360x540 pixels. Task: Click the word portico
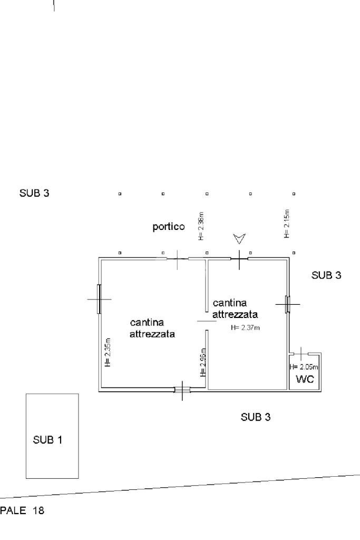(169, 227)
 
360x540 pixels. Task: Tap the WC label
(305, 380)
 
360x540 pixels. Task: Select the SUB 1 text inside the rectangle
(47, 440)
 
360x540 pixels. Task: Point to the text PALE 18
(22, 511)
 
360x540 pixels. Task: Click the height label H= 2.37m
(246, 327)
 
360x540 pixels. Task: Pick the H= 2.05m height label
(305, 367)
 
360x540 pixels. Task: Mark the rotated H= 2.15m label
(287, 224)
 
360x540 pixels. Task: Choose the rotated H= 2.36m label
(201, 226)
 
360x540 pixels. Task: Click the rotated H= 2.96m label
(203, 362)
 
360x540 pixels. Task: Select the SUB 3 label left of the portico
(34, 193)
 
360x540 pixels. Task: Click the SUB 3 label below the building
(256, 417)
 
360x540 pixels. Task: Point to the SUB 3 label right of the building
(326, 275)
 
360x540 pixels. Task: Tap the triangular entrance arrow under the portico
(239, 239)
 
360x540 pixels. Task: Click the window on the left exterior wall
(99, 299)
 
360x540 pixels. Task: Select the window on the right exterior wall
(287, 304)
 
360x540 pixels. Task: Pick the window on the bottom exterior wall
(182, 390)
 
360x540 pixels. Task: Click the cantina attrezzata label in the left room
(152, 328)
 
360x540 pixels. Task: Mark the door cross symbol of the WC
(300, 353)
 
